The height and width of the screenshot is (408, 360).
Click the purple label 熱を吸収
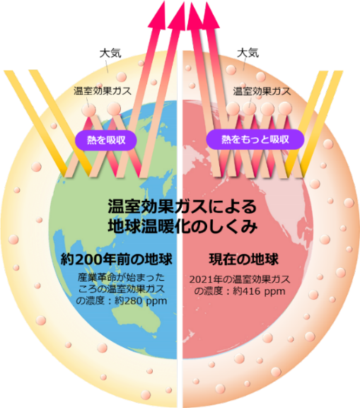(x=105, y=141)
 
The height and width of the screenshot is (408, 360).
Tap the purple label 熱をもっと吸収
(x=255, y=139)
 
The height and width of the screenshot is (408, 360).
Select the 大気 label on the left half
(x=110, y=53)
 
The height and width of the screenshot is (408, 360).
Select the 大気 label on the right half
(x=248, y=53)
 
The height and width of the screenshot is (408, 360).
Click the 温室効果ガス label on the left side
(x=103, y=91)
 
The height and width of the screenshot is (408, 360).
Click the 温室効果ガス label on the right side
(x=262, y=91)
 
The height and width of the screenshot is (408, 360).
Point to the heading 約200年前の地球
(x=117, y=260)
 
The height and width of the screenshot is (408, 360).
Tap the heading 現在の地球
(x=244, y=260)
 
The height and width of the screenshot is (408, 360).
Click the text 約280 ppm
(x=141, y=301)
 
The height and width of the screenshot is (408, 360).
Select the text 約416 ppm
(x=259, y=291)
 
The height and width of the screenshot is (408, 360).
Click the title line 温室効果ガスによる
(x=182, y=206)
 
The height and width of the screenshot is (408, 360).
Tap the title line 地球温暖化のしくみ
(x=182, y=226)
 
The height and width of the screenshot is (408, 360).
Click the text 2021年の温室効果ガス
(x=240, y=279)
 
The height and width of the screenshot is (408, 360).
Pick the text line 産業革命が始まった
(x=122, y=277)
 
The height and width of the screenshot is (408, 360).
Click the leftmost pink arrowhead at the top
(x=157, y=16)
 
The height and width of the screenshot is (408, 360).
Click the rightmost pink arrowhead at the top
(x=211, y=15)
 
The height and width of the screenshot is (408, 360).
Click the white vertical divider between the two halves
(x=180, y=229)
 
